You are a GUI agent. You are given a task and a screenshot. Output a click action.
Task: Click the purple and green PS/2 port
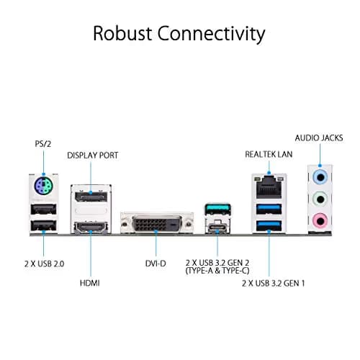43,186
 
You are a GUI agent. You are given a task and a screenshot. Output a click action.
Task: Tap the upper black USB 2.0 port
43,209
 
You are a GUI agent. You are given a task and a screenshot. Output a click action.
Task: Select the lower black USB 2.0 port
43,225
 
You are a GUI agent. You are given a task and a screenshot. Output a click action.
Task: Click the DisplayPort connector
91,197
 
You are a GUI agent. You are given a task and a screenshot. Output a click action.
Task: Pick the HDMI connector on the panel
91,227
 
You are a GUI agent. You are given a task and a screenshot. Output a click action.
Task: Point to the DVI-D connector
157,224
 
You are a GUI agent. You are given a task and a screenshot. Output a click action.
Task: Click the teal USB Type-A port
217,209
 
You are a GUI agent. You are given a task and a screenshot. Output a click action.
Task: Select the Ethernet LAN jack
269,187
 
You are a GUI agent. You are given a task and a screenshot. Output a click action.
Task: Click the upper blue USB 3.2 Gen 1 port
269,209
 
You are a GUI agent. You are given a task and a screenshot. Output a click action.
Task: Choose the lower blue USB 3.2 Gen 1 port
269,225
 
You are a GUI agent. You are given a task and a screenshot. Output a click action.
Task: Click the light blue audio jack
320,178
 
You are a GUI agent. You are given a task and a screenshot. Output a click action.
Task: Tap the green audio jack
320,199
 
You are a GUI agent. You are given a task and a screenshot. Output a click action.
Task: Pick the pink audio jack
320,220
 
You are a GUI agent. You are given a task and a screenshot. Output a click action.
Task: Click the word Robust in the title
122,33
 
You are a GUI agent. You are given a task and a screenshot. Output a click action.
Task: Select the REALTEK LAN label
269,154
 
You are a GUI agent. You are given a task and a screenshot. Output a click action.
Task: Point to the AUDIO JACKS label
319,138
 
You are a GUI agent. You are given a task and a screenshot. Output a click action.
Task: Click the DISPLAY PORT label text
93,156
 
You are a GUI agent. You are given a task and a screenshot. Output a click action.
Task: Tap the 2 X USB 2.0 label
45,264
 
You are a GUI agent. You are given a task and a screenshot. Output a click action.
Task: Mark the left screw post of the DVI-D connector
125,225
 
